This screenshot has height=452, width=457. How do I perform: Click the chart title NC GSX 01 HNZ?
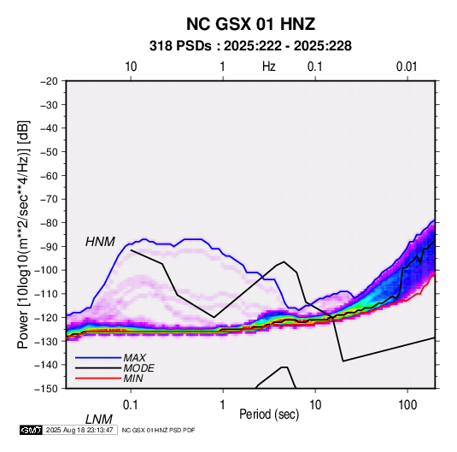(x=250, y=24)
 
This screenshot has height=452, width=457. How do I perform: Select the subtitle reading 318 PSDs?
(x=180, y=46)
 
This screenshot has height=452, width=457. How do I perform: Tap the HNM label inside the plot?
(x=100, y=242)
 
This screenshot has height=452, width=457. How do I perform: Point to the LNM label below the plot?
(x=99, y=420)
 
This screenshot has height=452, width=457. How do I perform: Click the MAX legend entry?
(x=134, y=358)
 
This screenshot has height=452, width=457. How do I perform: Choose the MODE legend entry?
(x=138, y=368)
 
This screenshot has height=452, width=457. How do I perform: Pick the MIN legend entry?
(x=133, y=379)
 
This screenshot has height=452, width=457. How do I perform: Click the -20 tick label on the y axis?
(x=49, y=81)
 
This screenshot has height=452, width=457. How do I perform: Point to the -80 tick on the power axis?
(x=49, y=223)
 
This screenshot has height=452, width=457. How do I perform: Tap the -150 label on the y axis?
(x=46, y=389)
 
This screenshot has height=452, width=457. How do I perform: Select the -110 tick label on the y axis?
(x=46, y=294)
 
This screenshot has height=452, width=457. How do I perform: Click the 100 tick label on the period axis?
(x=407, y=405)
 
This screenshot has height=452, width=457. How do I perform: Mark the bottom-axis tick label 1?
(x=223, y=405)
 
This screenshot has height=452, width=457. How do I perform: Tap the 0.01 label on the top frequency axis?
(x=407, y=67)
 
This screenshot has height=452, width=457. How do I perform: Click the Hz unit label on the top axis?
(x=269, y=67)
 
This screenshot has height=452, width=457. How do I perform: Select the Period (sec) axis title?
(x=269, y=414)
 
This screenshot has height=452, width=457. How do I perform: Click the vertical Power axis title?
(x=23, y=234)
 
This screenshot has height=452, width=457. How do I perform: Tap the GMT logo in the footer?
(x=32, y=430)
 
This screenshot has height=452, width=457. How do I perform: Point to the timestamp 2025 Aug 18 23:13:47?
(x=79, y=430)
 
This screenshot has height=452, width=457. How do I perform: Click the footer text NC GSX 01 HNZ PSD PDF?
(x=158, y=430)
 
